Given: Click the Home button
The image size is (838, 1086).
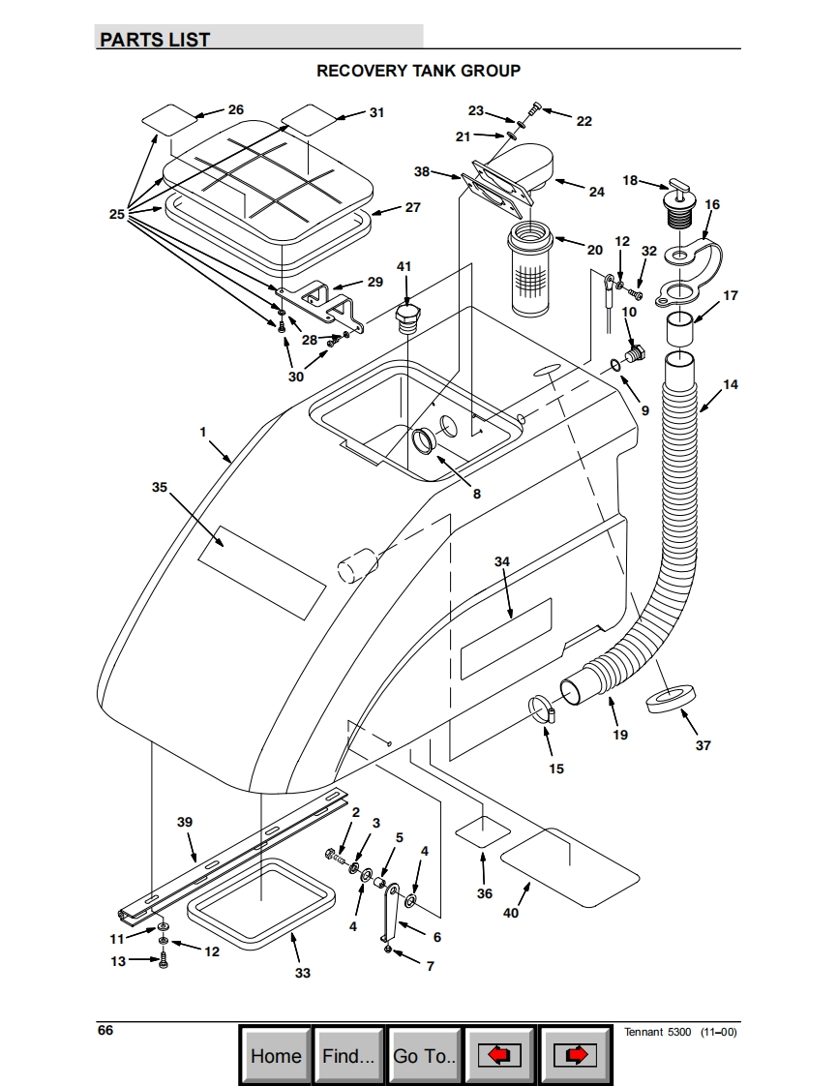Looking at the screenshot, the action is [x=276, y=1056].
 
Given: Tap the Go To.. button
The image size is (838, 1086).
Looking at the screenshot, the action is [x=424, y=1056].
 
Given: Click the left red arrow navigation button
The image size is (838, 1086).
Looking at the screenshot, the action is [x=498, y=1056].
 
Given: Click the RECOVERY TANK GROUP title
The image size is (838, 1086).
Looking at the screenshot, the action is [x=418, y=71].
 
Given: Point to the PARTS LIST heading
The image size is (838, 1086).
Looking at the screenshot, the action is [x=155, y=40].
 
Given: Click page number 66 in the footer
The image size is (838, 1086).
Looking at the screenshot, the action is [x=105, y=1030].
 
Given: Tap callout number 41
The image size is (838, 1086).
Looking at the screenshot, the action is [x=404, y=266].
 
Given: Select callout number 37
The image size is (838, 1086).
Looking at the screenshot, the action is [x=703, y=745].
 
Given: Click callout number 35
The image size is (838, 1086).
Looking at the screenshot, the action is [x=160, y=487].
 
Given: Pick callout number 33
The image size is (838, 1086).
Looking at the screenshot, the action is [x=303, y=973].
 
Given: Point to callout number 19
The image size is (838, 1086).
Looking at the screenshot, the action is [x=620, y=734].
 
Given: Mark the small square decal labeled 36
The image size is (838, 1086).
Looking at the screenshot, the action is [x=483, y=830].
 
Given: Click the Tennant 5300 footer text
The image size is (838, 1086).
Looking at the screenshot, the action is [x=657, y=1032].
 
